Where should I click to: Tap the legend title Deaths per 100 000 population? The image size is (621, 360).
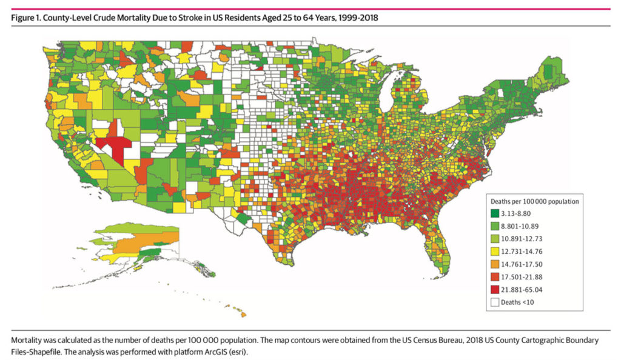tap(534, 199)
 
